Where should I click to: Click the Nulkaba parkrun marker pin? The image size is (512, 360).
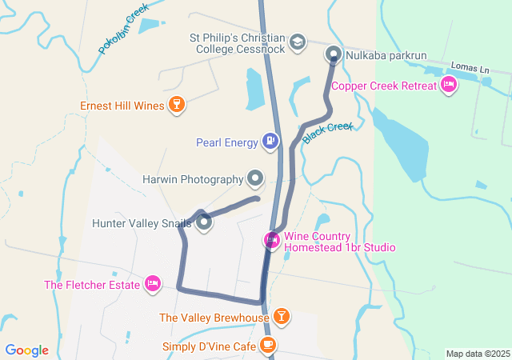tap(334, 54)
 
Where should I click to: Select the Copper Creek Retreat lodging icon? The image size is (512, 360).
tap(448, 86)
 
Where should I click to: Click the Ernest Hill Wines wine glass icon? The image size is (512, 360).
tap(177, 105)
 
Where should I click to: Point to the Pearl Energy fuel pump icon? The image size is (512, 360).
tap(271, 142)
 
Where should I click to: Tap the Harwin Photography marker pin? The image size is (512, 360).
tap(255, 178)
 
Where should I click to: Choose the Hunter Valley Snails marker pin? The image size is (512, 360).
tap(204, 222)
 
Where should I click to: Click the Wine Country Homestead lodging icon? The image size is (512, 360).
tap(272, 240)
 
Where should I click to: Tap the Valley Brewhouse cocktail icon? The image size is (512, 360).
tap(281, 317)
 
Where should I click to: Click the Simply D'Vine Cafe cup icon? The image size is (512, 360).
tap(268, 346)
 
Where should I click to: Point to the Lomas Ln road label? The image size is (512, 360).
tap(470, 68)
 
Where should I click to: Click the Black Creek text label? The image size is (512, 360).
tap(328, 132)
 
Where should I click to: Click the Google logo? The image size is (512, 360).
tap(26, 350)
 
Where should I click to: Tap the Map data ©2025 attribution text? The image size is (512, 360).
tap(478, 354)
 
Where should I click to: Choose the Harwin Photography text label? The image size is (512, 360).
tap(192, 179)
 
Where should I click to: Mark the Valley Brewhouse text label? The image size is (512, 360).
tap(214, 318)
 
